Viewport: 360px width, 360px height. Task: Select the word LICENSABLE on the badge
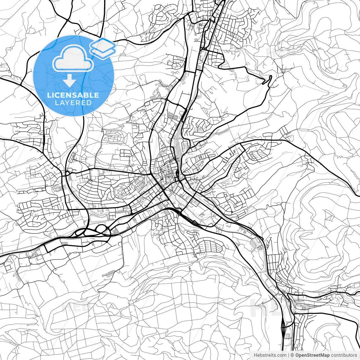click(73, 95)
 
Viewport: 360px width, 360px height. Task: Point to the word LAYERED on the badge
click(73, 103)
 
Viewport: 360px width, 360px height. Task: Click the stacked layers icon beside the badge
click(103, 48)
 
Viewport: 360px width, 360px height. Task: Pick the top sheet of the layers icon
click(103, 44)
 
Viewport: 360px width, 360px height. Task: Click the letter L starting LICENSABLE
click(49, 95)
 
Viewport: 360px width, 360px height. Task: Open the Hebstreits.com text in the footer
click(270, 355)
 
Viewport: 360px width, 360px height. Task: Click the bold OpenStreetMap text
click(312, 355)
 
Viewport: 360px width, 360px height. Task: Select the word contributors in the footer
click(344, 355)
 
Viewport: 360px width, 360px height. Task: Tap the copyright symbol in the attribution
click(292, 355)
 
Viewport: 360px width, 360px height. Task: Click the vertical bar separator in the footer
click(289, 355)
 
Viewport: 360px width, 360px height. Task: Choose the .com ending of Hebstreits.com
click(282, 355)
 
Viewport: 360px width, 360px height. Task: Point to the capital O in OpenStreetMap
click(297, 355)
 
